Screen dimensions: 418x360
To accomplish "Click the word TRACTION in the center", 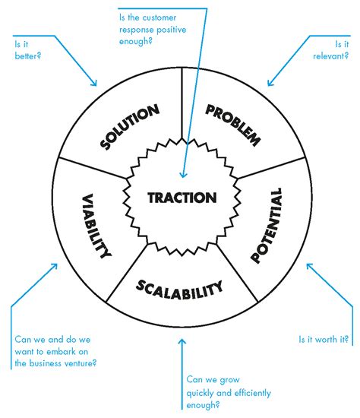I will click(182, 198).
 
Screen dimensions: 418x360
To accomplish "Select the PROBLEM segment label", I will click(233, 124).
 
